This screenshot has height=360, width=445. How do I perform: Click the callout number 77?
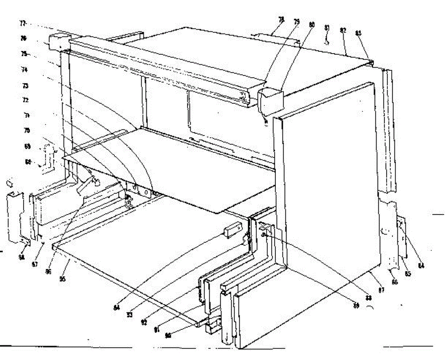pos(23,23)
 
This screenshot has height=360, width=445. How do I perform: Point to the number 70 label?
pos(27,131)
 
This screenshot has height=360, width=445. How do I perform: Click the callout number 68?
pos(27,162)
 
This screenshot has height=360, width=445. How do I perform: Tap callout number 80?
pos(312,24)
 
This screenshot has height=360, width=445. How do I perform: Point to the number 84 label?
pos(421,265)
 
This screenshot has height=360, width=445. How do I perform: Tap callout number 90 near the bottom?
pos(168,335)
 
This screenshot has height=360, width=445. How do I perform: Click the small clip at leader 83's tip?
pos(371,63)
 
